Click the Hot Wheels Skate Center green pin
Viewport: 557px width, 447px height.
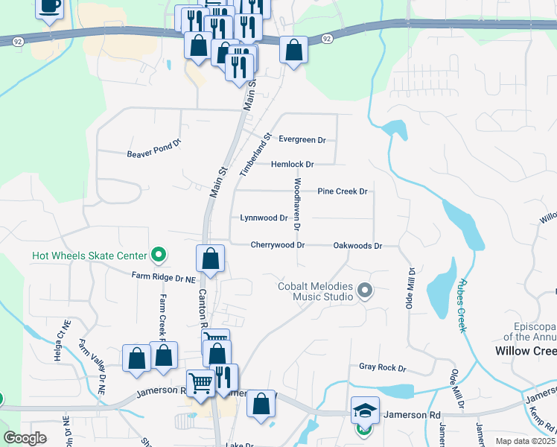coord(158,256)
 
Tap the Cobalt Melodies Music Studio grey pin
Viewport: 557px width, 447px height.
coord(364,290)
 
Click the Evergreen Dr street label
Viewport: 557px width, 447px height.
coord(302,139)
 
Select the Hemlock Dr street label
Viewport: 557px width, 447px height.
coord(293,164)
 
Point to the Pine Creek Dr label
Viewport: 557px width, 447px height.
coord(343,191)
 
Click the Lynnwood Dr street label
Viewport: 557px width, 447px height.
coord(264,218)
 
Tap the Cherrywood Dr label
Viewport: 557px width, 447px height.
coord(278,244)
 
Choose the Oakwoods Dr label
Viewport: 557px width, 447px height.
coord(357,245)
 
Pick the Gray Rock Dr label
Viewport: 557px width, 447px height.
coord(382,367)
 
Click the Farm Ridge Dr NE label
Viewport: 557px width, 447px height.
coord(163,278)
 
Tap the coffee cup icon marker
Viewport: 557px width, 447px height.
coord(49,7)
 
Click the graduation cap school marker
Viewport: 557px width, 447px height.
coord(364,411)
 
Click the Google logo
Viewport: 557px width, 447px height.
coord(25,438)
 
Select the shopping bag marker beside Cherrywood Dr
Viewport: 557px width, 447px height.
coord(211,259)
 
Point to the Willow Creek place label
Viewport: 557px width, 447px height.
coord(526,350)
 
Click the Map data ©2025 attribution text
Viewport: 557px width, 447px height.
coord(524,441)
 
